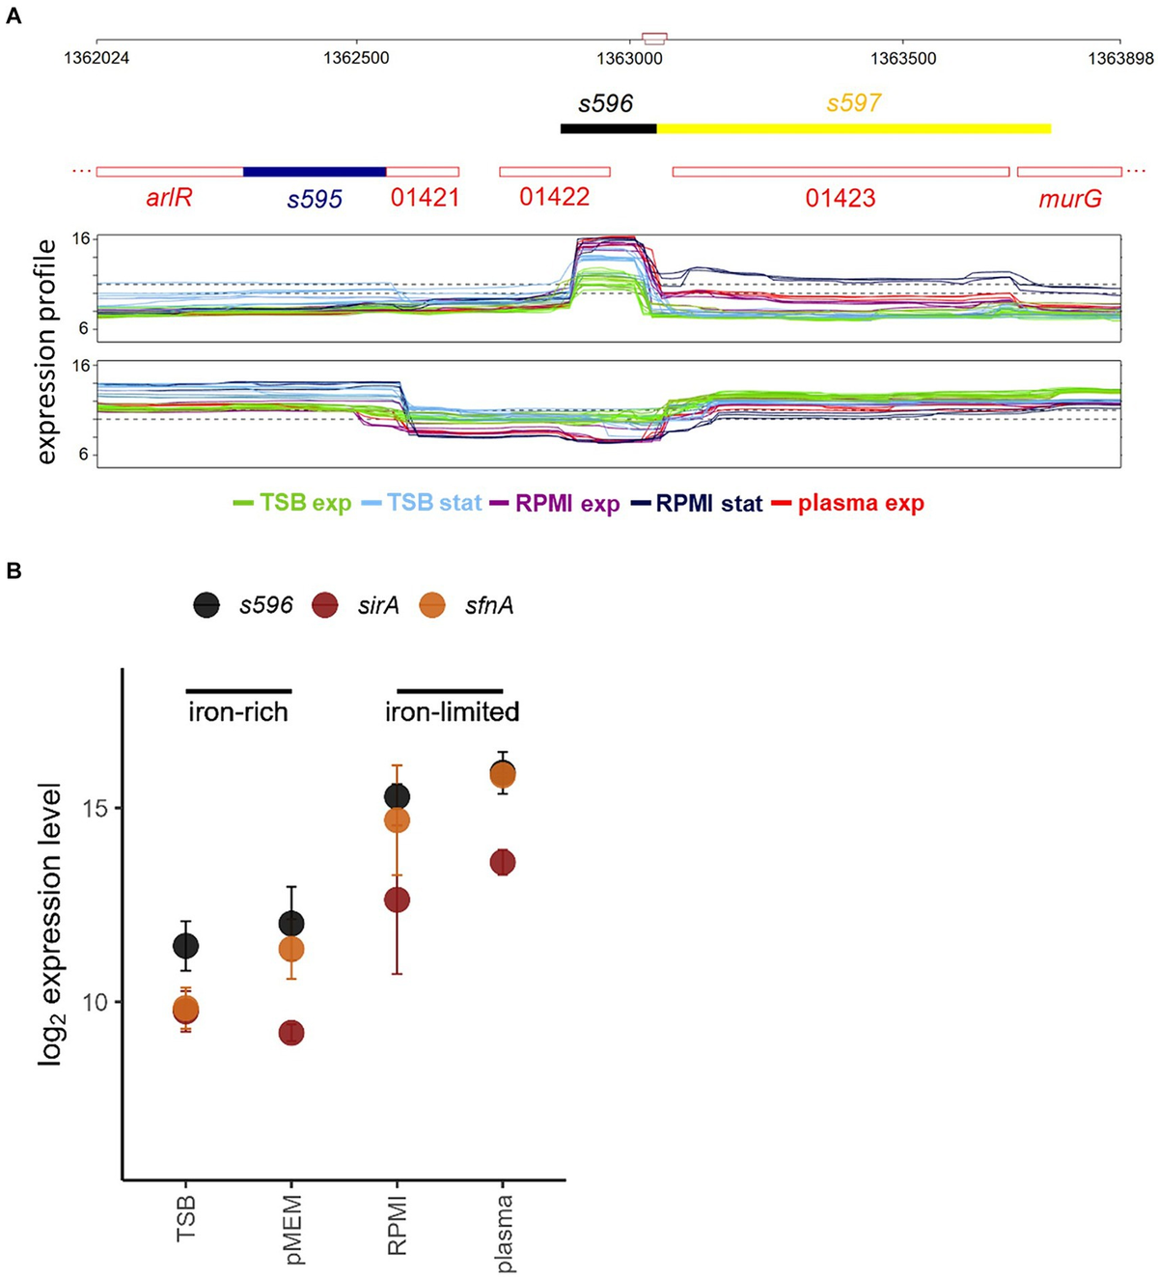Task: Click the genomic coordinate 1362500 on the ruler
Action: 356,58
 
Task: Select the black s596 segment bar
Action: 608,128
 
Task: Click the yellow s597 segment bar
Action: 853,128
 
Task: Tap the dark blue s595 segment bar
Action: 315,172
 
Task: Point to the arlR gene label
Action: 169,199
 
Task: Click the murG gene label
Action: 1069,199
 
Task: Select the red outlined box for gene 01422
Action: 554,172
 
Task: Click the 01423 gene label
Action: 841,199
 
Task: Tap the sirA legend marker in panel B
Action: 325,606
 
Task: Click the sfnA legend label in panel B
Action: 488,606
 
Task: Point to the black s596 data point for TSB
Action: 185,946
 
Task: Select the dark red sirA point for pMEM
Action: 291,1033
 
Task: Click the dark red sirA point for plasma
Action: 502,862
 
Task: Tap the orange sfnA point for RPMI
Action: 397,820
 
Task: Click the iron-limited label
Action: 452,712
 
